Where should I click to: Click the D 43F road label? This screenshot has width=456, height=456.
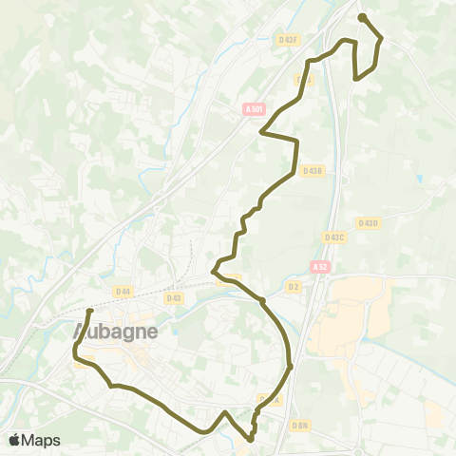point(289,40)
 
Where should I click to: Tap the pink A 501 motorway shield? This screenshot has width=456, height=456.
point(253,109)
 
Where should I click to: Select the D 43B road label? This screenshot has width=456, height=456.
point(312,171)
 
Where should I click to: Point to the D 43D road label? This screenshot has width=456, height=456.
point(366,222)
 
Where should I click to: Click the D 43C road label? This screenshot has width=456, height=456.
point(334,237)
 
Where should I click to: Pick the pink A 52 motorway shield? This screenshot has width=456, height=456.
point(319,268)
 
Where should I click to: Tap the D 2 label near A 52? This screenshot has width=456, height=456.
point(293,285)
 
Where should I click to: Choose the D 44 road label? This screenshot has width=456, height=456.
point(122,291)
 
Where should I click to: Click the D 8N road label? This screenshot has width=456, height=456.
point(300,425)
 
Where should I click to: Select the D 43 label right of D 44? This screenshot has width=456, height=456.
point(173,297)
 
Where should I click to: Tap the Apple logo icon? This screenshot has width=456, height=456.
point(15,440)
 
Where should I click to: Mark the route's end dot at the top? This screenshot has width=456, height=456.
point(362,17)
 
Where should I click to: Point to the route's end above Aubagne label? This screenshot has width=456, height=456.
point(89,312)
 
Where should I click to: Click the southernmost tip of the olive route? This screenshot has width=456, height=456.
point(250,439)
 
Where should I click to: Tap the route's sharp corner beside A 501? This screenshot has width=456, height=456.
point(262,132)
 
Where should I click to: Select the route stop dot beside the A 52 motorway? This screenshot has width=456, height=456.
point(289,365)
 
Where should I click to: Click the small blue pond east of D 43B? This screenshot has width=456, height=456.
point(418,179)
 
